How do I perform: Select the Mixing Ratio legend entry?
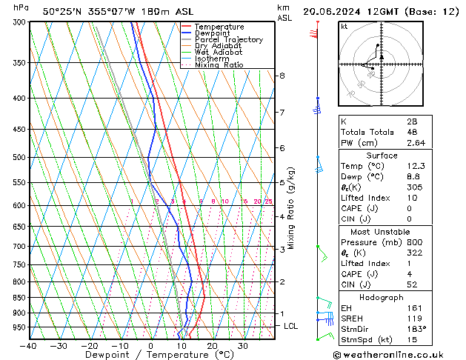pyautogui.click(x=219, y=65)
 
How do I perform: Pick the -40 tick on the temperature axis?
pyautogui.click(x=29, y=346)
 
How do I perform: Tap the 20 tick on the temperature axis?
pyautogui.click(x=213, y=346)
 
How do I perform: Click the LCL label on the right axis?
pyautogui.click(x=291, y=326)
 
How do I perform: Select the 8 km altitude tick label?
pyautogui.click(x=282, y=76)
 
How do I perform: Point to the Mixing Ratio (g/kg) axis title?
pyautogui.click(x=292, y=208)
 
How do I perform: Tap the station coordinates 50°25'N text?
pyautogui.click(x=64, y=12)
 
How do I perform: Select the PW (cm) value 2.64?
pyautogui.click(x=412, y=143)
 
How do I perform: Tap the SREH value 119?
pyautogui.click(x=412, y=317)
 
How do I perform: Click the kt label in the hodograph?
pyautogui.click(x=344, y=27)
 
